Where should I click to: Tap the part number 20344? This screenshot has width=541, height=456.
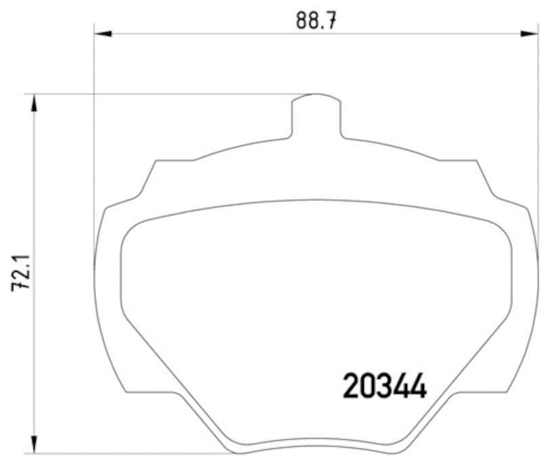click(x=385, y=387)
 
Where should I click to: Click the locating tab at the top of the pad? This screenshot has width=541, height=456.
click(x=315, y=115)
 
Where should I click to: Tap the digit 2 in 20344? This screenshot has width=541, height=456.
click(x=352, y=387)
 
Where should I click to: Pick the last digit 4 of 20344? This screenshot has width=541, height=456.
click(x=418, y=387)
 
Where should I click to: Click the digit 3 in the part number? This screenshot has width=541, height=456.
click(x=385, y=387)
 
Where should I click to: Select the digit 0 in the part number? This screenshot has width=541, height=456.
click(x=369, y=387)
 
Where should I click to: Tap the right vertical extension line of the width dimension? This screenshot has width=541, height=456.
click(x=538, y=135)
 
